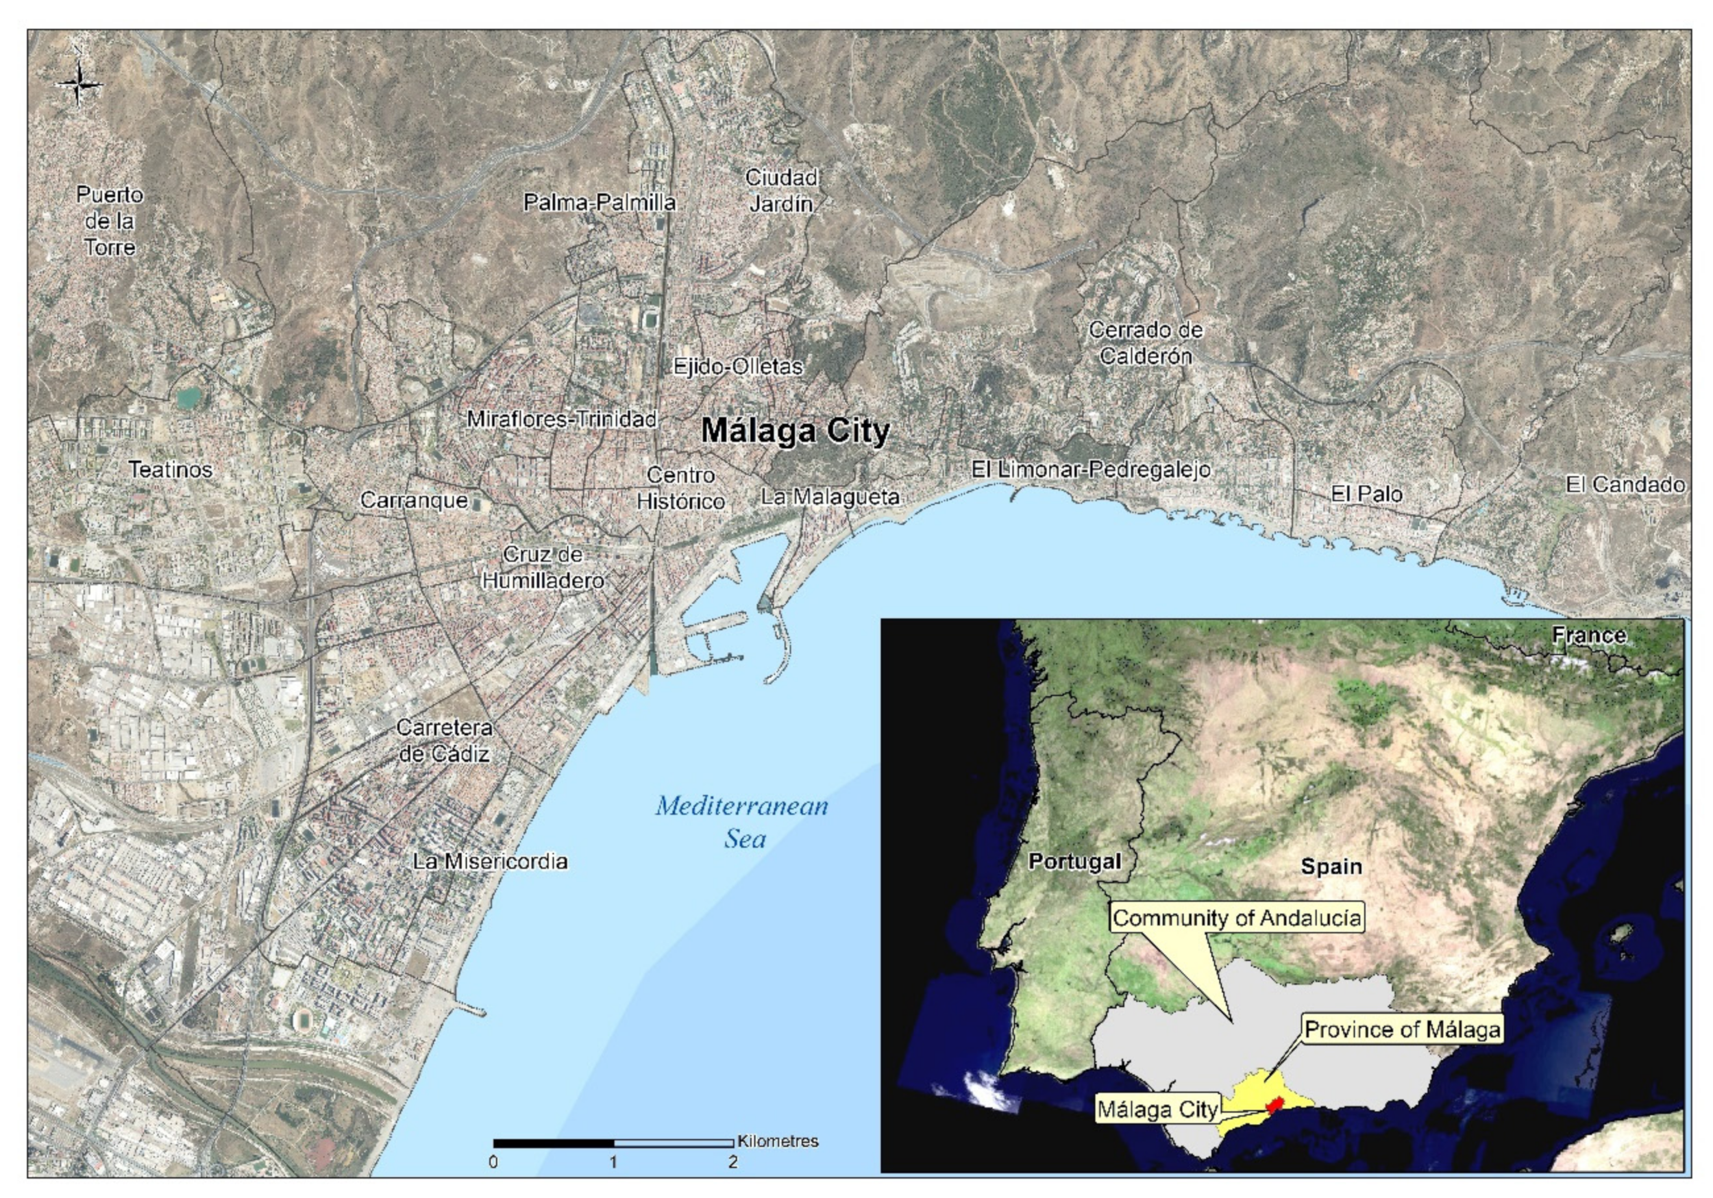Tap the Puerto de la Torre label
pyautogui.click(x=110, y=221)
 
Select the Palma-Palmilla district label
pyautogui.click(x=599, y=202)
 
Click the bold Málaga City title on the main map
pyautogui.click(x=796, y=431)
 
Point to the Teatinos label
pyautogui.click(x=170, y=469)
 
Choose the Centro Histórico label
pyautogui.click(x=680, y=488)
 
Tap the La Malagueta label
pyautogui.click(x=830, y=497)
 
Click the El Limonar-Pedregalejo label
pyautogui.click(x=1090, y=469)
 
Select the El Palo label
pyautogui.click(x=1367, y=494)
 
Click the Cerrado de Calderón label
pyautogui.click(x=1145, y=342)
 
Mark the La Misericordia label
pyautogui.click(x=490, y=862)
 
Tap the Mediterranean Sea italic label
pyautogui.click(x=742, y=822)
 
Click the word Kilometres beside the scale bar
pyautogui.click(x=778, y=1141)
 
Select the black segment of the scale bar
pyautogui.click(x=553, y=1143)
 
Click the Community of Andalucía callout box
pyautogui.click(x=1236, y=918)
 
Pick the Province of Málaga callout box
pyautogui.click(x=1402, y=1029)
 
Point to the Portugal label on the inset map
pyautogui.click(x=1074, y=862)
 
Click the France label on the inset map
pyautogui.click(x=1589, y=636)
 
